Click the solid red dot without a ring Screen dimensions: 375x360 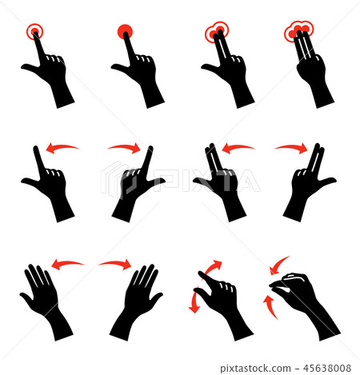126,32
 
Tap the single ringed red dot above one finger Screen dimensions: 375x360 34,32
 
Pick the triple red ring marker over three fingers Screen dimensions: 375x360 298,32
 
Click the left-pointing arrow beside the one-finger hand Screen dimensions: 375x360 62,147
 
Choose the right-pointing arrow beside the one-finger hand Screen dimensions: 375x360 123,147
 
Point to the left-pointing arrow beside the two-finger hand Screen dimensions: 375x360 238,147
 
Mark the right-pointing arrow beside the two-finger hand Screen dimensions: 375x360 290,147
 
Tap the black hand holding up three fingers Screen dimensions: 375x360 310,72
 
